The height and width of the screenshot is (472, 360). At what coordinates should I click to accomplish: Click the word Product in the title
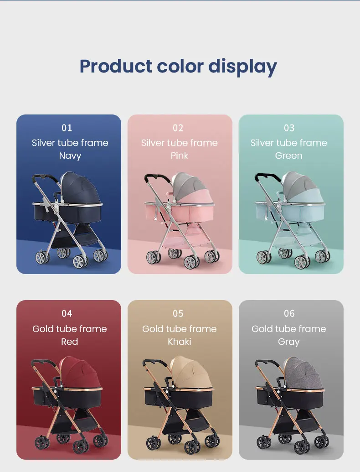tap(116, 66)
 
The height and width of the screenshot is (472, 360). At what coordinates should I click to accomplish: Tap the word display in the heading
tap(242, 67)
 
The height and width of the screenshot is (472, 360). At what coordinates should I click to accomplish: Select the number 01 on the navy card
tap(67, 128)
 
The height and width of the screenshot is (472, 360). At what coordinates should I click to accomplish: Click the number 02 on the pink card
tap(178, 128)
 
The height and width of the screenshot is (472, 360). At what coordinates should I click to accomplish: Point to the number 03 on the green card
tap(289, 128)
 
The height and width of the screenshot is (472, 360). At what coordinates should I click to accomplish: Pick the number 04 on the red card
tap(67, 314)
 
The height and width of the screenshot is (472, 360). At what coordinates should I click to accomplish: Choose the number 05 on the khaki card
tap(178, 314)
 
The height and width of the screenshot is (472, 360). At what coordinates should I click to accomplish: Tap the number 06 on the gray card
tap(289, 314)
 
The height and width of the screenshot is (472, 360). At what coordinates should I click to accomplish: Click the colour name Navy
tap(70, 156)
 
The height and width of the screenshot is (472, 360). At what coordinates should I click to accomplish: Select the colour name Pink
tap(180, 156)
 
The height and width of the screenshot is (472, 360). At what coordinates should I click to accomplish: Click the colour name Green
tap(289, 156)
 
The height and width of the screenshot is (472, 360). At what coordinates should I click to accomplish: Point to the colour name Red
tap(69, 342)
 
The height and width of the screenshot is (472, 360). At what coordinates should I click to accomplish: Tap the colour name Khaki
tap(180, 342)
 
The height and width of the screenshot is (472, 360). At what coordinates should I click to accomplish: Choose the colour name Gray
tap(289, 342)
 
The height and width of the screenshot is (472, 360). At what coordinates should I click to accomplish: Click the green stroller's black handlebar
tap(267, 176)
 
